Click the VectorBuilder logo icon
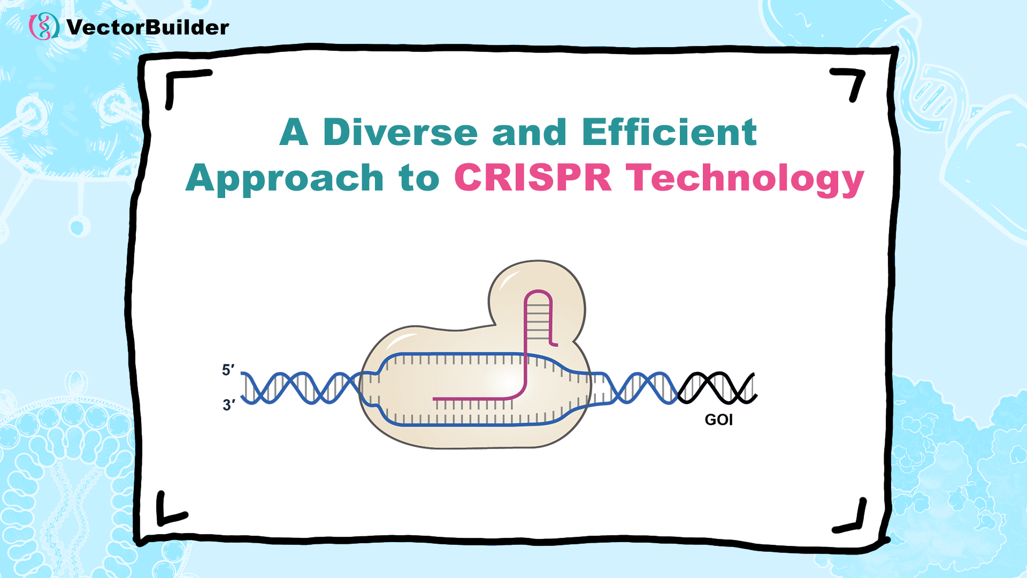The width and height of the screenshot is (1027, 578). pyautogui.click(x=44, y=26)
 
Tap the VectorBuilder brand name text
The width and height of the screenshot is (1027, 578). pyautogui.click(x=148, y=27)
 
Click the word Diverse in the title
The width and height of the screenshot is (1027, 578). pyautogui.click(x=400, y=132)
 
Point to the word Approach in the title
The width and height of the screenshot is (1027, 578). pyautogui.click(x=285, y=178)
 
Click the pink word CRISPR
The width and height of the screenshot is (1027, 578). pyautogui.click(x=533, y=177)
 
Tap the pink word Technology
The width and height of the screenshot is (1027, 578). pyautogui.click(x=745, y=179)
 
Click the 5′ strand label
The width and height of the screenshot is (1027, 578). pyautogui.click(x=228, y=370)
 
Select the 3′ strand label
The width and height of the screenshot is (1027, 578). pyautogui.click(x=228, y=405)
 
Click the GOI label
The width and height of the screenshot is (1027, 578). pyautogui.click(x=718, y=420)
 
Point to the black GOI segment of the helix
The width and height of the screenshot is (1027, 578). pyautogui.click(x=717, y=388)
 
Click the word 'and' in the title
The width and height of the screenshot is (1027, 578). pyautogui.click(x=529, y=132)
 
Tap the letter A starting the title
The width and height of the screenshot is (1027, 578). pyautogui.click(x=294, y=132)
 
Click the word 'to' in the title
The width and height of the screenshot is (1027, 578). pyautogui.click(x=419, y=179)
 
